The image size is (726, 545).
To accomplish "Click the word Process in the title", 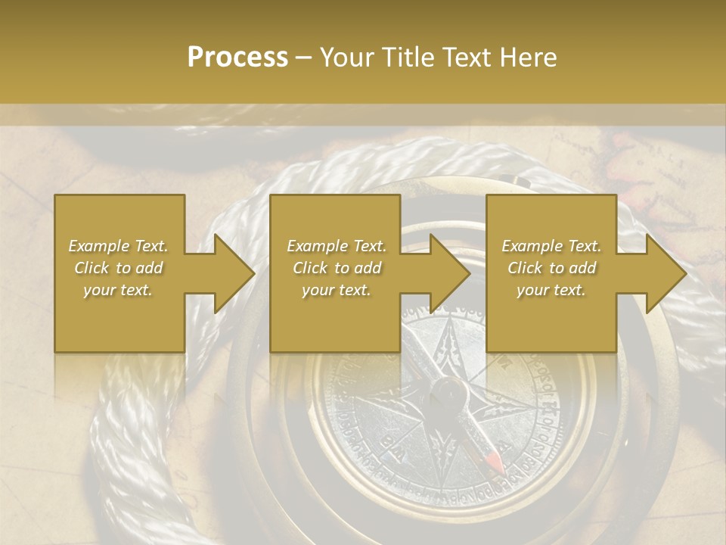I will pos(237,58).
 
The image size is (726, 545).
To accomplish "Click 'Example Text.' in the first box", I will pos(119,246).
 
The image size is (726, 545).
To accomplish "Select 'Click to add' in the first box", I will pos(119,268).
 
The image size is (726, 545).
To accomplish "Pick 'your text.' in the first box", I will pos(119,290).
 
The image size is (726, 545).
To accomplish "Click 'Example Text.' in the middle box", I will pos(337,246).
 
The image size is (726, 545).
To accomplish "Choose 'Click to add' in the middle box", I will pos(337,268).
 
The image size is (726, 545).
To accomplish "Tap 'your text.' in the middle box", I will pos(337,290).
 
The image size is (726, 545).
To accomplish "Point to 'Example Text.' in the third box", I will pos(551,246).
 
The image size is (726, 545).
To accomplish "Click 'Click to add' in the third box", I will pos(551,268).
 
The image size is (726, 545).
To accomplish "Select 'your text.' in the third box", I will pos(551,290).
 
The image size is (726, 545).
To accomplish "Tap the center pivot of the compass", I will pos(446,393).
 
